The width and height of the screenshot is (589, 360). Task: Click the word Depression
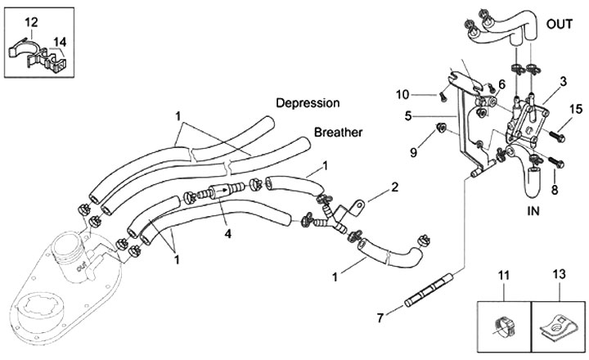tap(308, 104)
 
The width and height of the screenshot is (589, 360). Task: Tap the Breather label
tap(339, 133)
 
